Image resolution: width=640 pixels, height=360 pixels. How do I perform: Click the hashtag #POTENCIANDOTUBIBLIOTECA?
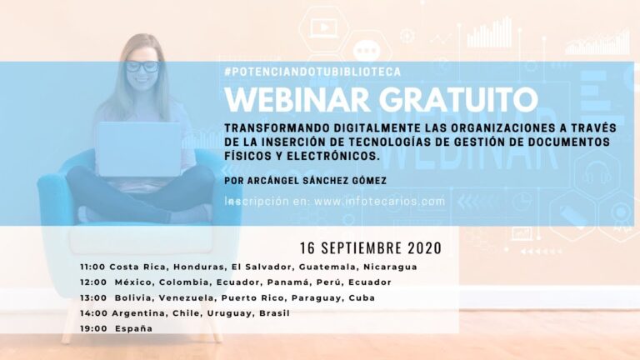tap(312, 72)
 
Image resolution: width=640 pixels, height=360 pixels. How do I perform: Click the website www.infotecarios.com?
tap(380, 201)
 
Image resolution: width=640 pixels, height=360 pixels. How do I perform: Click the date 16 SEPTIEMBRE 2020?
tap(371, 248)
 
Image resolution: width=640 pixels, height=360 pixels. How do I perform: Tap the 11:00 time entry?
tap(92, 267)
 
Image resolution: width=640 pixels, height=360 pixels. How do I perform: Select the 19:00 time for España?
tap(93, 328)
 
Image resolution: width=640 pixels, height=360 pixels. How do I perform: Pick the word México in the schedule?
tap(134, 282)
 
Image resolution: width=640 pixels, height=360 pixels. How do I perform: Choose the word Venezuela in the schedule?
tap(186, 298)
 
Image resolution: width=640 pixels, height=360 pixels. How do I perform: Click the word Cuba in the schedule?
tap(362, 298)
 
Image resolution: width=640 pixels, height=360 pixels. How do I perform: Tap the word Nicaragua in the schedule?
tap(390, 267)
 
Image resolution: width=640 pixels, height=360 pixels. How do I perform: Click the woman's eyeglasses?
tap(142, 66)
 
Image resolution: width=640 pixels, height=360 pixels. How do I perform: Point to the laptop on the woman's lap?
tap(139, 149)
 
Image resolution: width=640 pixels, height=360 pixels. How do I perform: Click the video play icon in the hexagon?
tap(324, 27)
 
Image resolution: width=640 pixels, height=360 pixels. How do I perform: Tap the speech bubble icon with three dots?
tap(367, 51)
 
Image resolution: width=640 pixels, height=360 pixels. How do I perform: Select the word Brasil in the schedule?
tap(274, 313)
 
